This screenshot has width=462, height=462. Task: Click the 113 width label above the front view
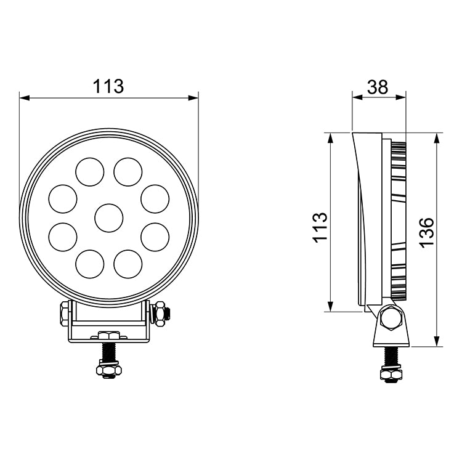(108, 86)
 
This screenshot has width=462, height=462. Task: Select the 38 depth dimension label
(378, 87)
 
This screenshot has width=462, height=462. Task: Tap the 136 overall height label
(426, 232)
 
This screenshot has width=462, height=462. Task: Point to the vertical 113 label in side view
(320, 228)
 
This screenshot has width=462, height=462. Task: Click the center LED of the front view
(109, 218)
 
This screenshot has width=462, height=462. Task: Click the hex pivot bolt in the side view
(389, 318)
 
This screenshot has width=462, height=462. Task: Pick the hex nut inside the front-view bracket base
(108, 336)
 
